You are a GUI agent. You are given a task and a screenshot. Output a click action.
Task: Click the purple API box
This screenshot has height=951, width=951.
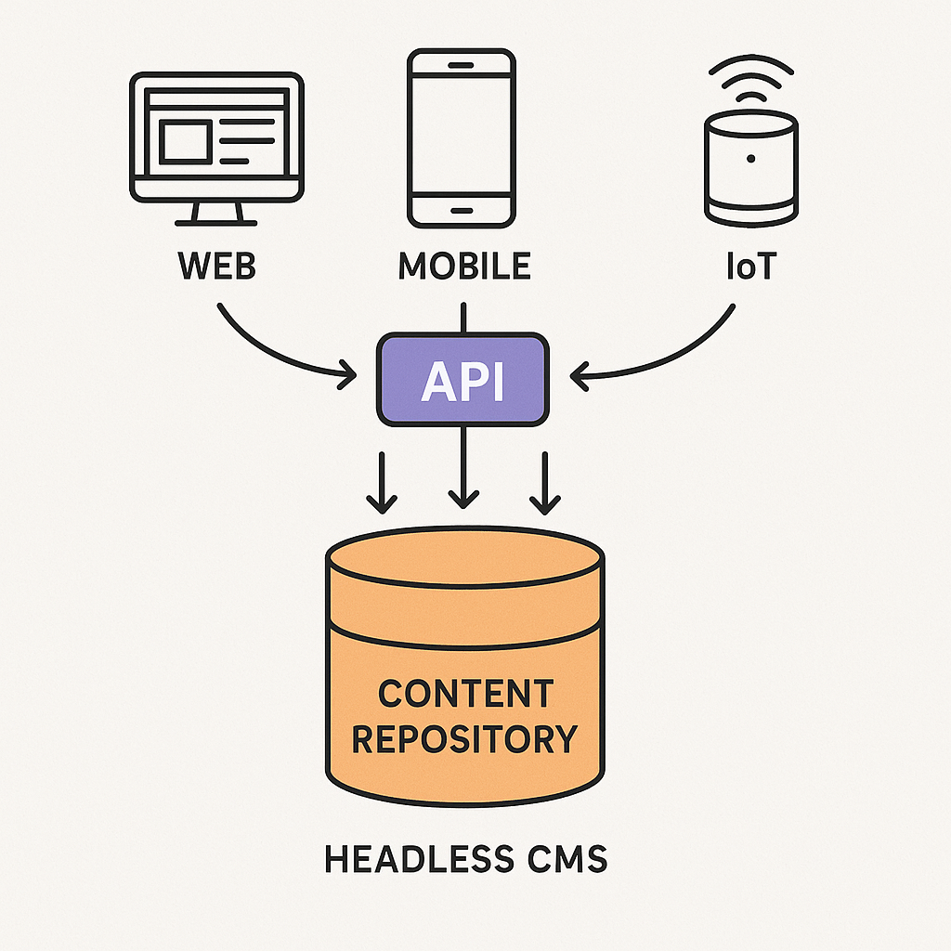(x=462, y=380)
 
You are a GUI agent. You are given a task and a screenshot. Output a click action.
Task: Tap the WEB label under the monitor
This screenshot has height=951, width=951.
(x=216, y=266)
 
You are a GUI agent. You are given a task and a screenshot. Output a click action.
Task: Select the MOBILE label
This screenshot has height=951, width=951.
(x=464, y=266)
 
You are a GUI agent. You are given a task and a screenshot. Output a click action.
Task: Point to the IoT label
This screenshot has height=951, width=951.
(x=751, y=266)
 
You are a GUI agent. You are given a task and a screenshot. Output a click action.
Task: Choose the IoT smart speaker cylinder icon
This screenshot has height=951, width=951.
(x=750, y=167)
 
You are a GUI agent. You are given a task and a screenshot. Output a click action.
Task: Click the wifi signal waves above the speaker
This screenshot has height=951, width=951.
(x=750, y=79)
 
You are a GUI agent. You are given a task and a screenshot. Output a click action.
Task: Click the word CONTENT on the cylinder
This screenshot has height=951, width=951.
(x=465, y=694)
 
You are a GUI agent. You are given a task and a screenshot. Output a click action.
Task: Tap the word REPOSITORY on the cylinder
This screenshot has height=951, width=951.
(x=465, y=740)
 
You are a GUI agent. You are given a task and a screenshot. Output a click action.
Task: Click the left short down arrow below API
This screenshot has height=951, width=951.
(x=381, y=483)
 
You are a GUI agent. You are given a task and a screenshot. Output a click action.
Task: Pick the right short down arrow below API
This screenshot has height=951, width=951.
(x=544, y=483)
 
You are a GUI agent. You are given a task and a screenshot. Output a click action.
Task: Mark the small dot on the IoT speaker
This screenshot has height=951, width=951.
(x=750, y=159)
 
